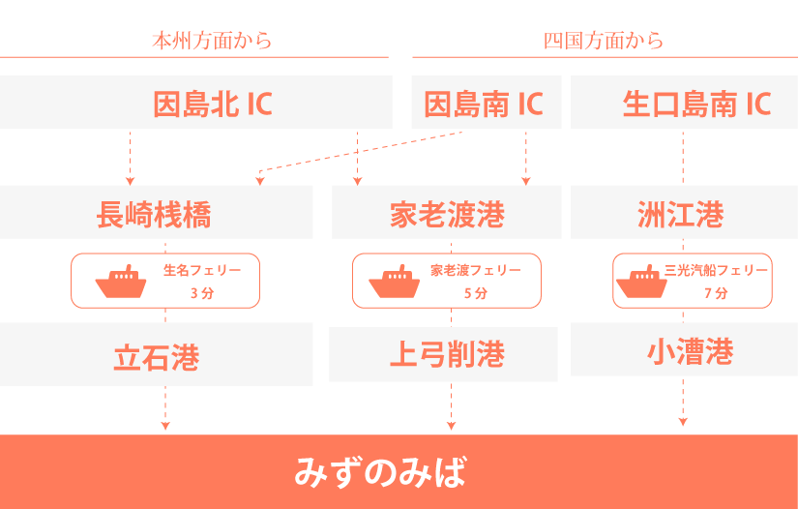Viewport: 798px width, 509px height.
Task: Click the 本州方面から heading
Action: pyautogui.click(x=212, y=41)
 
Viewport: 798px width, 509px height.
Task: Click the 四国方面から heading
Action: pyautogui.click(x=604, y=41)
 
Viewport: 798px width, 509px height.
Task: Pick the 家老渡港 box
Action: pyautogui.click(x=447, y=214)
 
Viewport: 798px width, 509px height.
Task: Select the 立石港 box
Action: pyautogui.click(x=156, y=356)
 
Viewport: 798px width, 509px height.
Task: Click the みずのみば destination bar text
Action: pyautogui.click(x=380, y=473)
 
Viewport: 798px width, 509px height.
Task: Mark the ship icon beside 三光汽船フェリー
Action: pyautogui.click(x=642, y=282)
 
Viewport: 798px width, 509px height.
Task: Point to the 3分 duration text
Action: pyautogui.click(x=202, y=293)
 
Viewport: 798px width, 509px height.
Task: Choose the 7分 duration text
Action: pyautogui.click(x=716, y=293)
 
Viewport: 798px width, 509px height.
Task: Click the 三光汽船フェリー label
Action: pyautogui.click(x=717, y=270)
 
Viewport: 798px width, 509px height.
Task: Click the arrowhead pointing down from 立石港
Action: pyautogui.click(x=165, y=425)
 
